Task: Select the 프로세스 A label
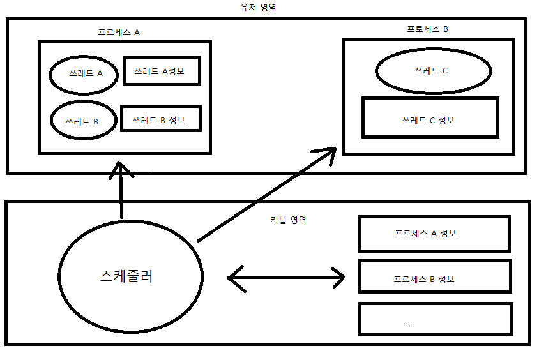[x=119, y=32]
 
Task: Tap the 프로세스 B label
[x=428, y=29]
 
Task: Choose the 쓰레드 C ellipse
[x=432, y=71]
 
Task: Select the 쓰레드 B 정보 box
[x=160, y=119]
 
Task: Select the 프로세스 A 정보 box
[x=434, y=234]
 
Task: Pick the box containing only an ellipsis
[x=436, y=319]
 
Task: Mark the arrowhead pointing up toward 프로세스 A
[x=121, y=169]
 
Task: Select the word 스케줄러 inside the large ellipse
[x=126, y=277]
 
